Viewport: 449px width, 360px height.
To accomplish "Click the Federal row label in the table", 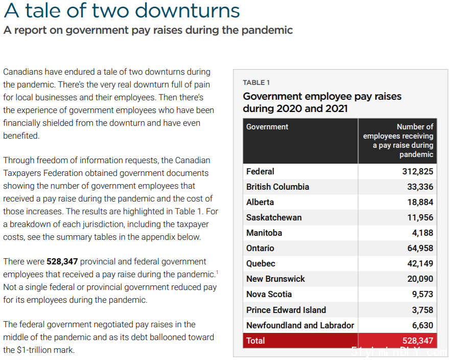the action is click(260, 171).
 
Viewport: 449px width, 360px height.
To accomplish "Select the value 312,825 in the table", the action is click(417, 171).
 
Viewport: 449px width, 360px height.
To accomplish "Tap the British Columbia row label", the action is click(277, 187).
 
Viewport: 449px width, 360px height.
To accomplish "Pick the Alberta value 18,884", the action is click(420, 202).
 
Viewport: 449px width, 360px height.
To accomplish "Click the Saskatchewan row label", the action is click(274, 217).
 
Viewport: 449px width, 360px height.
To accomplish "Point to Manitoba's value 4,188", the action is click(422, 233).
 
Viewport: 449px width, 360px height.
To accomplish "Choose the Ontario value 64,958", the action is click(420, 248).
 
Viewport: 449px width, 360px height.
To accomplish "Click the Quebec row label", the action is click(261, 264).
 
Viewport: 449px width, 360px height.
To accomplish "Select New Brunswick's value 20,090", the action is click(420, 279).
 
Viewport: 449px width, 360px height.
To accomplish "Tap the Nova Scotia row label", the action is click(269, 294).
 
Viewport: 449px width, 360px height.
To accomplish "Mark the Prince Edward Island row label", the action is click(286, 310).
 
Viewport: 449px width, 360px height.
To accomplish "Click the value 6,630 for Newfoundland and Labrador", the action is click(422, 325).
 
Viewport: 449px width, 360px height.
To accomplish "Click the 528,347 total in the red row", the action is click(417, 341).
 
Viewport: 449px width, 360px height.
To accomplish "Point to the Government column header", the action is click(267, 127).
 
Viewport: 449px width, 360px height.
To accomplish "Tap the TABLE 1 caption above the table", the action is click(256, 82).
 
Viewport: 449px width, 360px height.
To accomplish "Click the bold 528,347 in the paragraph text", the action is click(62, 261).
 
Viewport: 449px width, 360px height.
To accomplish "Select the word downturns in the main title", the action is click(187, 11).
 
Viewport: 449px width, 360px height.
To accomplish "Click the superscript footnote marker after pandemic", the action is click(217, 272).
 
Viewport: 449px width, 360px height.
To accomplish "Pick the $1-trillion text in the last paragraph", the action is click(36, 350).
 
